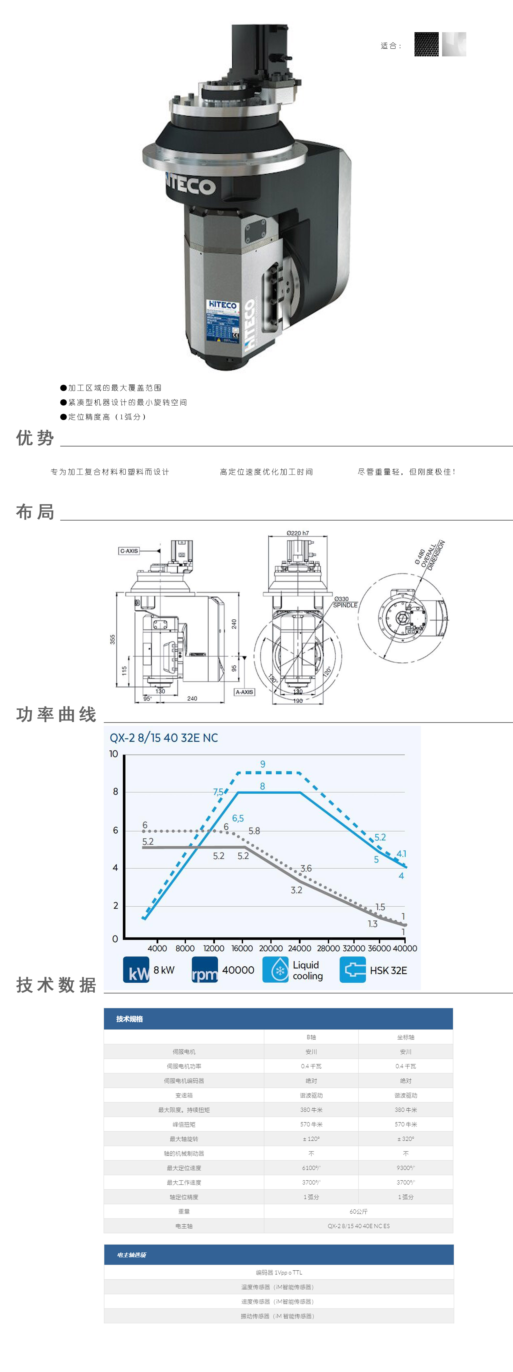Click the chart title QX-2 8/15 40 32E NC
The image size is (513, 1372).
(164, 738)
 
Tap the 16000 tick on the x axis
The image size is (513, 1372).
(242, 948)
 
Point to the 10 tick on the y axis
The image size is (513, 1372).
(113, 754)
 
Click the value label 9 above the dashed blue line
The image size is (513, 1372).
(263, 764)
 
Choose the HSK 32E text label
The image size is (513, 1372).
(388, 970)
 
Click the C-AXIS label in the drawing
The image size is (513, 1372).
(129, 551)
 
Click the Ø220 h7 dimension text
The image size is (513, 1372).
(297, 533)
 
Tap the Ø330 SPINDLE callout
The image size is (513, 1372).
(345, 602)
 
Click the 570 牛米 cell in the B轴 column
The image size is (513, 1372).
(311, 1124)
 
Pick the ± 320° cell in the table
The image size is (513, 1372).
(405, 1139)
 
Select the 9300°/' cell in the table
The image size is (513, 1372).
(405, 1168)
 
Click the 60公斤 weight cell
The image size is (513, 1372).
(358, 1212)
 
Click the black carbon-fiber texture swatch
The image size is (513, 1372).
(426, 44)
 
